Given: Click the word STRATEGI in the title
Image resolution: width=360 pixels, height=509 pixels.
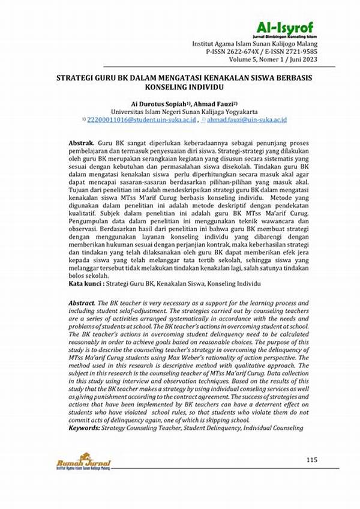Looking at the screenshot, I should point(77,78).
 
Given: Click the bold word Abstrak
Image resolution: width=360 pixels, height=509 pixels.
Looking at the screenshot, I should point(81,144).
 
